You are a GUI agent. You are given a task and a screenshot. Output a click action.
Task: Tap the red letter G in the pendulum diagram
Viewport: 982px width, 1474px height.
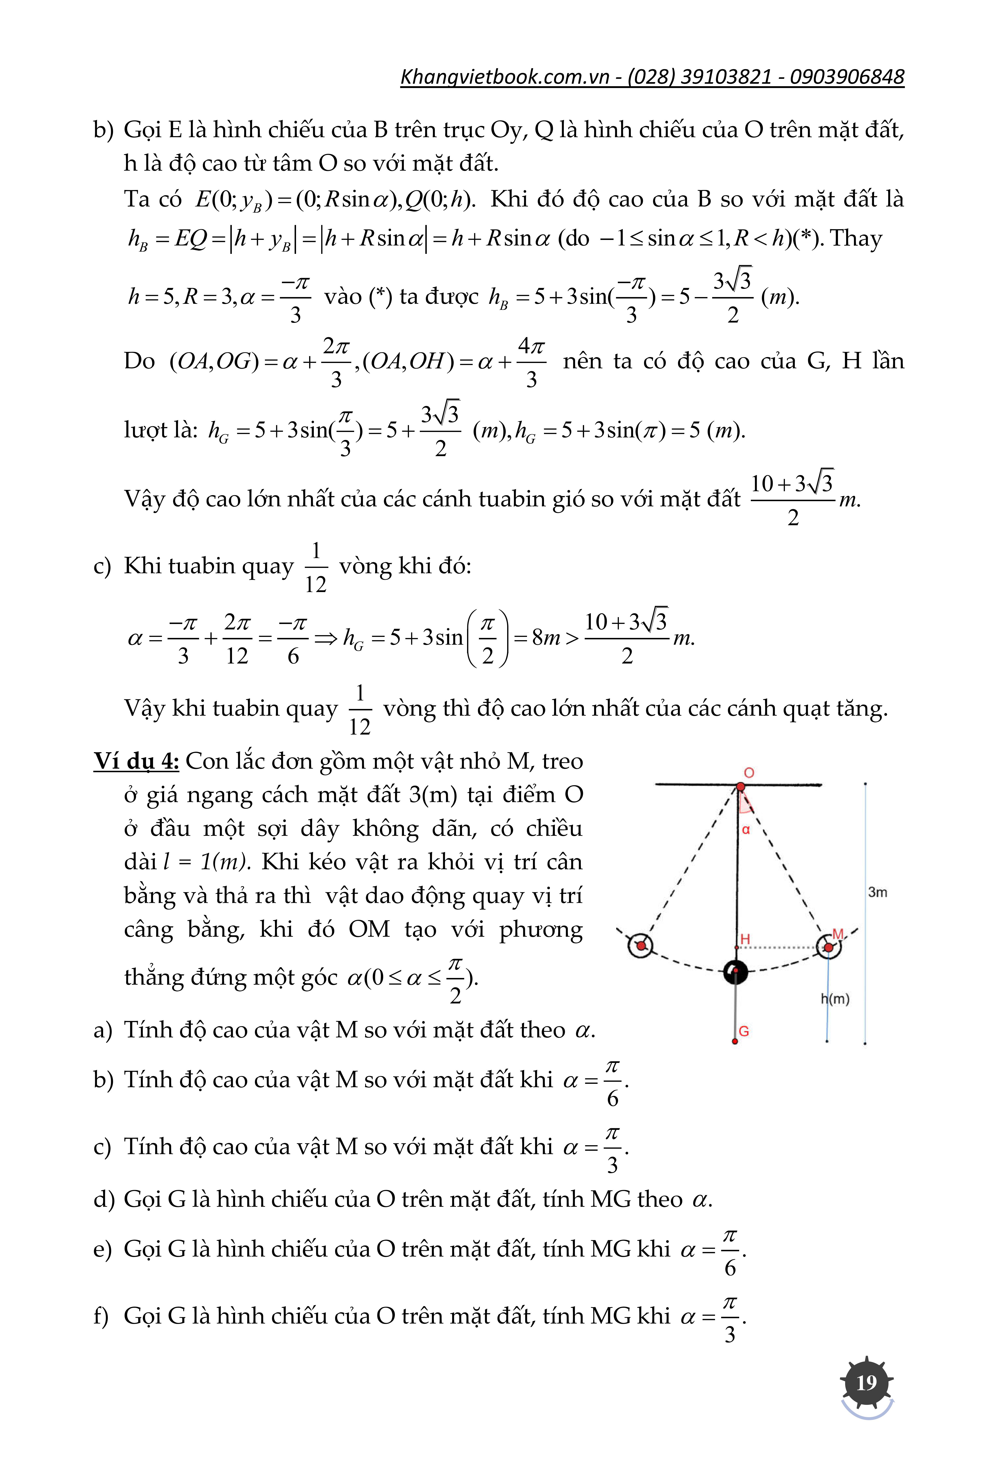(x=744, y=1031)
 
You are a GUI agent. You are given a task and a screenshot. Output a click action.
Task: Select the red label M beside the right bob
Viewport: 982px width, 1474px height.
(x=838, y=934)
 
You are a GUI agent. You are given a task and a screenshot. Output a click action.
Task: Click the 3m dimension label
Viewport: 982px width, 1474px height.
(x=877, y=892)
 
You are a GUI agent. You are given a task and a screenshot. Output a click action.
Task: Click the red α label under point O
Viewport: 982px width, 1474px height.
(x=746, y=830)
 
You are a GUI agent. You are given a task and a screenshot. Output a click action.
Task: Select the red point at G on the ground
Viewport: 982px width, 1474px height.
(x=735, y=1042)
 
